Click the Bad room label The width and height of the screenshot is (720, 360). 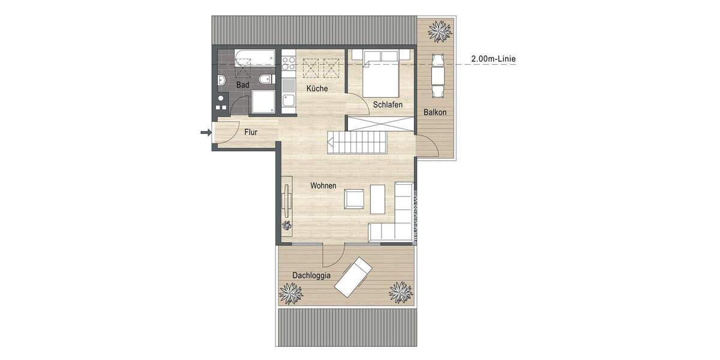point(242,85)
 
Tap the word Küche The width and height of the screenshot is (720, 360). point(317,89)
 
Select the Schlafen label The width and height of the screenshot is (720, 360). point(387,104)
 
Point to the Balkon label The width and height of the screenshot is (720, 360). point(435,112)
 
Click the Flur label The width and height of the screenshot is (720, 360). point(250,132)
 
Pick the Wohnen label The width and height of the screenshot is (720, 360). point(323,186)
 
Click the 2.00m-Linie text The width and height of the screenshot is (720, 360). point(494,59)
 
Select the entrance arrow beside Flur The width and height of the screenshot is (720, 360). point(205,132)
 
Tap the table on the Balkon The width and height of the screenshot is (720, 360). point(437,75)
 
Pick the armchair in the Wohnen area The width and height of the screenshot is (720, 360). point(353,198)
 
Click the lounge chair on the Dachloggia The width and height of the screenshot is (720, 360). point(354,276)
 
